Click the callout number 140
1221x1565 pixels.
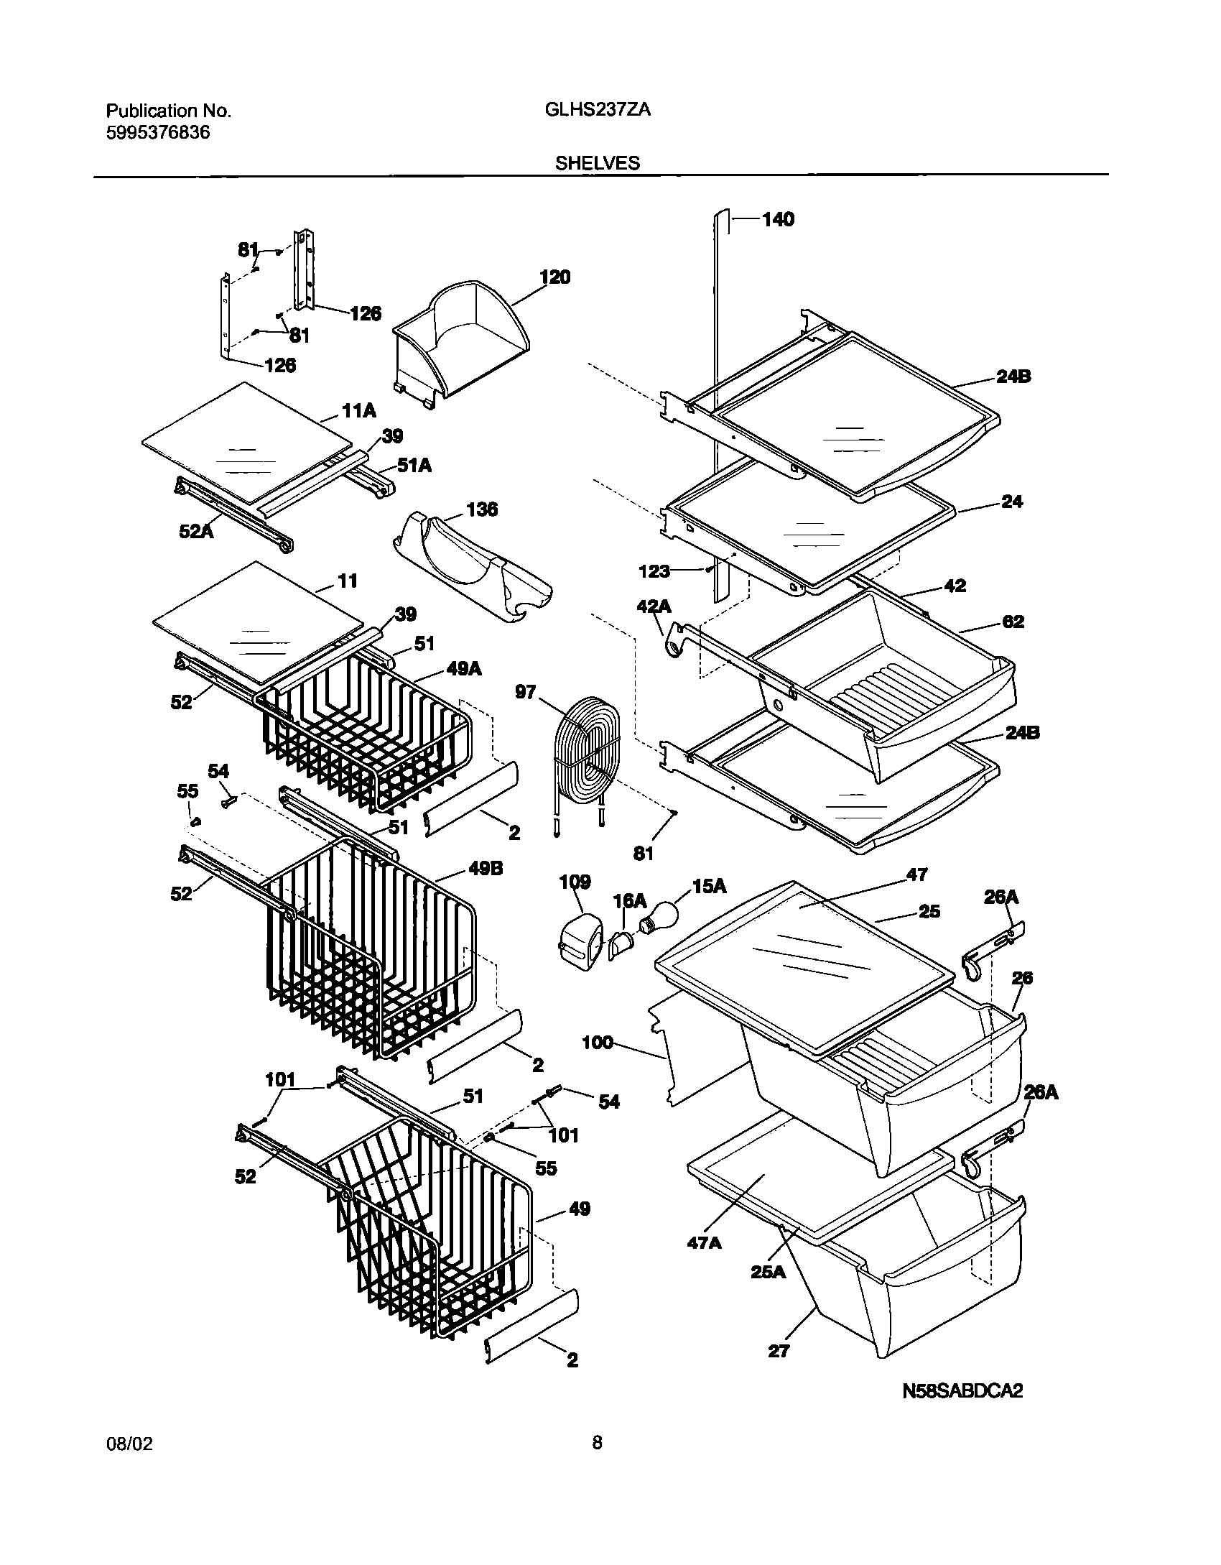tap(778, 219)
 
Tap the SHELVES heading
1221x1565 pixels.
tap(597, 163)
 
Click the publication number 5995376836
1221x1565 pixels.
tap(158, 132)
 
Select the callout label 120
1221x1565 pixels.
tap(554, 277)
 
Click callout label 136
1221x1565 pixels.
tap(482, 509)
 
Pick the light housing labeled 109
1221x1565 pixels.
tap(580, 938)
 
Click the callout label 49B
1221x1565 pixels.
tap(486, 868)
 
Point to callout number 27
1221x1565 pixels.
tap(779, 1351)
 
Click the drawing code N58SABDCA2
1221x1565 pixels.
tap(962, 1411)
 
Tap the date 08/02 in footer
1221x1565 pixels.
tap(129, 1464)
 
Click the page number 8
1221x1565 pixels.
tap(597, 1462)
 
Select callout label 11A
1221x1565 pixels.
tap(359, 411)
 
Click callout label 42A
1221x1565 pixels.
tap(654, 607)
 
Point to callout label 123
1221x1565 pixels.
tap(654, 571)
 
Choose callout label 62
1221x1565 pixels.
tap(1013, 622)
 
